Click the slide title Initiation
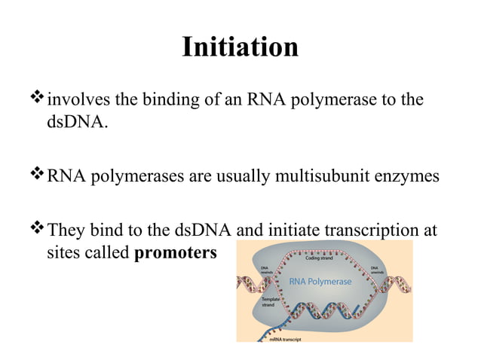click(240, 47)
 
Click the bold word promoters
click(175, 253)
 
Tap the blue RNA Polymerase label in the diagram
click(320, 282)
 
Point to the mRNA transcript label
click(286, 339)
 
